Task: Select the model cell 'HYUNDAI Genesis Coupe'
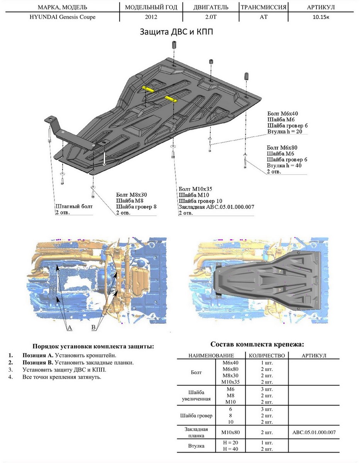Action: (x=63, y=17)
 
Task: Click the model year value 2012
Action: (x=151, y=17)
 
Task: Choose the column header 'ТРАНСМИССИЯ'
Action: (x=263, y=7)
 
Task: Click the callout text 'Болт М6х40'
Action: (x=283, y=113)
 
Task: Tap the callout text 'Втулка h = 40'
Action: (x=284, y=166)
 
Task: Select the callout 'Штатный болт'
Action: (x=74, y=206)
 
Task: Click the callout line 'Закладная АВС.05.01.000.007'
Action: (x=216, y=207)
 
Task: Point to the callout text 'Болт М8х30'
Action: (x=132, y=194)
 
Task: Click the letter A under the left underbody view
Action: (x=69, y=328)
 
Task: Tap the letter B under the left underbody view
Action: (x=93, y=328)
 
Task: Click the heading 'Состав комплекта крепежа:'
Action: (x=257, y=344)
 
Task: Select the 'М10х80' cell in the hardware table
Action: (x=231, y=432)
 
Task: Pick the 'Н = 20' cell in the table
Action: (x=231, y=443)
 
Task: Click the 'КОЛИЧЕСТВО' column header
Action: (x=267, y=355)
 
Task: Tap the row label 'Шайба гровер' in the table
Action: (x=195, y=416)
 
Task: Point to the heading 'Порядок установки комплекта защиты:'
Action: (x=93, y=346)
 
